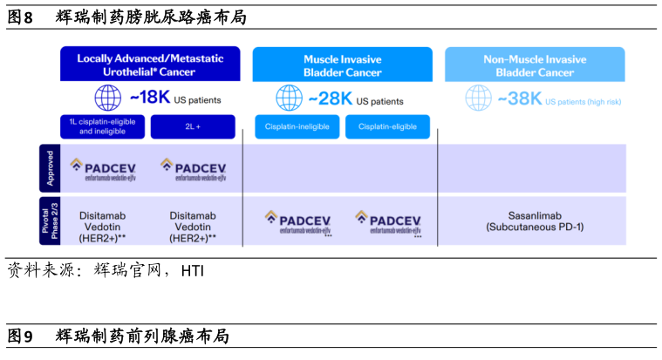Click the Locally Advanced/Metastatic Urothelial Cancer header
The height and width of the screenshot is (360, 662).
pyautogui.click(x=150, y=65)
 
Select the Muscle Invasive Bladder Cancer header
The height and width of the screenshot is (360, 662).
pyautogui.click(x=342, y=65)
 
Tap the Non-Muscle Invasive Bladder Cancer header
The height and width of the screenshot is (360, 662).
pyautogui.click(x=535, y=65)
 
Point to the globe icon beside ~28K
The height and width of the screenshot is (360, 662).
pyautogui.click(x=289, y=98)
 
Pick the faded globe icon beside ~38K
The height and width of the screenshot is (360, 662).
pyautogui.click(x=478, y=98)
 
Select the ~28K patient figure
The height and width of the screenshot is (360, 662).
pyautogui.click(x=331, y=98)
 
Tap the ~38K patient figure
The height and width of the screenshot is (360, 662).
pyautogui.click(x=520, y=98)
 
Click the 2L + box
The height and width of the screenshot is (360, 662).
pyautogui.click(x=193, y=127)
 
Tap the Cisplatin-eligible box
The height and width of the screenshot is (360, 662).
pyautogui.click(x=387, y=127)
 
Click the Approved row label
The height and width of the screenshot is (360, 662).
pyautogui.click(x=50, y=167)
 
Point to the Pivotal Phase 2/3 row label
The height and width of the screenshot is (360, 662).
pyautogui.click(x=50, y=221)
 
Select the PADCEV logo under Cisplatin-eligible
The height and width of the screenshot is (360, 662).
pyautogui.click(x=388, y=222)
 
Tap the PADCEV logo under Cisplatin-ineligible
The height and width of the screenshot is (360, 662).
pyautogui.click(x=298, y=222)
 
